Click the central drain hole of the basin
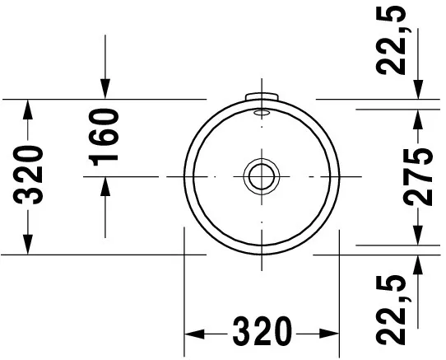click(x=261, y=176)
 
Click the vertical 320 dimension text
click(x=30, y=175)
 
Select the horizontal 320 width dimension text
click(x=262, y=333)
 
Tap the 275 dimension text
click(x=420, y=175)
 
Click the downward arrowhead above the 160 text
click(x=105, y=88)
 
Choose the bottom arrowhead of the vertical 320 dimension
click(x=29, y=245)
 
